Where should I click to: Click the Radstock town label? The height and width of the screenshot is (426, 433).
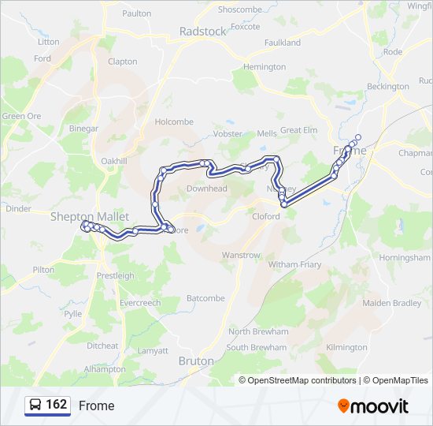pyautogui.click(x=202, y=32)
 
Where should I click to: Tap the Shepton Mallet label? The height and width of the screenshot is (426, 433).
pyautogui.click(x=83, y=216)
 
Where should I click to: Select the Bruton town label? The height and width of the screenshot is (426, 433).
pyautogui.click(x=196, y=361)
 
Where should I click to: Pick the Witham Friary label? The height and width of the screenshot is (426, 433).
pyautogui.click(x=294, y=265)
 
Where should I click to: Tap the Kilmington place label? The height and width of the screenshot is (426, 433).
pyautogui.click(x=346, y=347)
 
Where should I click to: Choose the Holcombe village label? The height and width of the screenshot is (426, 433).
pyautogui.click(x=174, y=122)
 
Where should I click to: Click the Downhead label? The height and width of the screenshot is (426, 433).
pyautogui.click(x=206, y=189)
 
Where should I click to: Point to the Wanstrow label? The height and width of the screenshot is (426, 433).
pyautogui.click(x=240, y=256)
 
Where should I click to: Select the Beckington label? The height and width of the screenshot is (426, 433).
pyautogui.click(x=387, y=87)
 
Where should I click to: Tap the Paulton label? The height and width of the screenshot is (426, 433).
pyautogui.click(x=136, y=13)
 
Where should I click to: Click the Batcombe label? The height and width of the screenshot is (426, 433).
pyautogui.click(x=205, y=298)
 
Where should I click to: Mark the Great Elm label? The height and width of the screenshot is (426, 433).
pyautogui.click(x=298, y=130)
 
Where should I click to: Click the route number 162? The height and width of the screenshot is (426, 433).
pyautogui.click(x=57, y=405)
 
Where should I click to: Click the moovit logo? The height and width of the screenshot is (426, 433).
pyautogui.click(x=373, y=405)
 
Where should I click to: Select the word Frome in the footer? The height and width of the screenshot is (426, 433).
pyautogui.click(x=96, y=405)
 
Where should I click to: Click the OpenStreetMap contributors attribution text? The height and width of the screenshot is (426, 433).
pyautogui.click(x=298, y=380)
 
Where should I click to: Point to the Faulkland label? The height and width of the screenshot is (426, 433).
pyautogui.click(x=283, y=43)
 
